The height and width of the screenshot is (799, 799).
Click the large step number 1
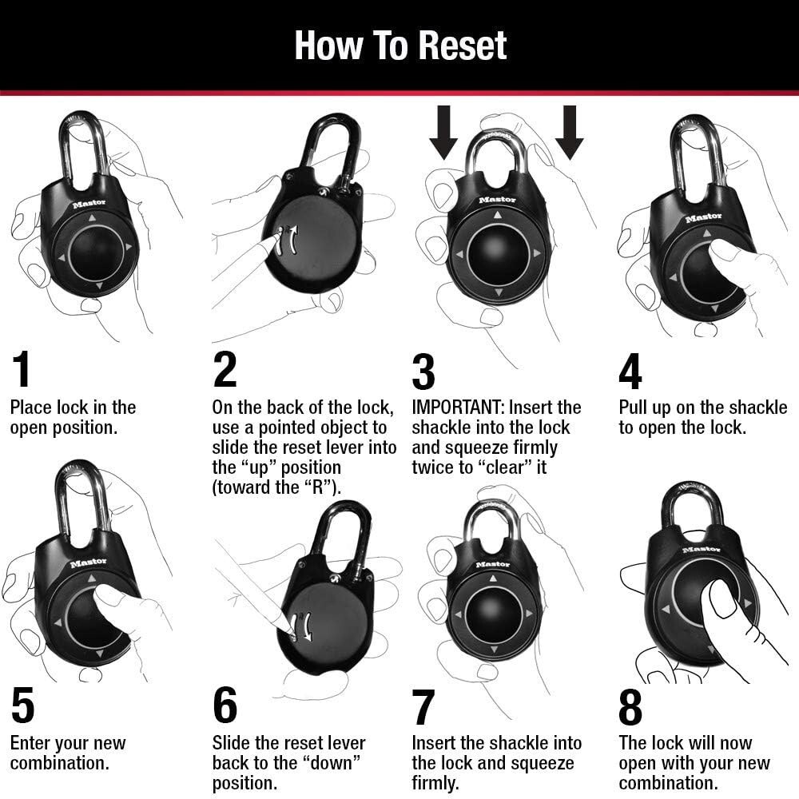point(22,370)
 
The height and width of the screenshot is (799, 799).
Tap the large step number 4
point(630,370)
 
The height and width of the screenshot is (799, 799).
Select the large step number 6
point(225,706)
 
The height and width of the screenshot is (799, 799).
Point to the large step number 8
point(630,706)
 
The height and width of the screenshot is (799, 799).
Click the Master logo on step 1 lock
point(89,204)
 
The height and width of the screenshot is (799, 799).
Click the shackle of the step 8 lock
point(693,503)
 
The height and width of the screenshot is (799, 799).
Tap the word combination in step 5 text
point(59,763)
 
